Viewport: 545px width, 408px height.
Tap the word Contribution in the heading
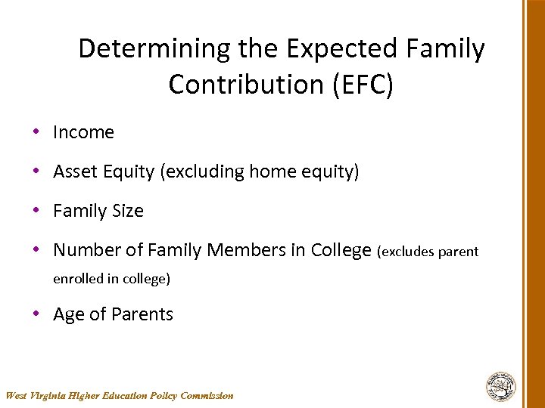point(245,85)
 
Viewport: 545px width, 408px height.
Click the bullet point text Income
point(83,132)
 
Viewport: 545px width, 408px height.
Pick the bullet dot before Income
point(36,132)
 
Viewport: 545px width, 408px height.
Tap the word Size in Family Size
point(128,211)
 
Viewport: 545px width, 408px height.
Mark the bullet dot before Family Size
point(36,211)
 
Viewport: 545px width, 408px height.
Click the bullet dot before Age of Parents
point(36,314)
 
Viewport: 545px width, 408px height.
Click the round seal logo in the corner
point(500,386)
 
